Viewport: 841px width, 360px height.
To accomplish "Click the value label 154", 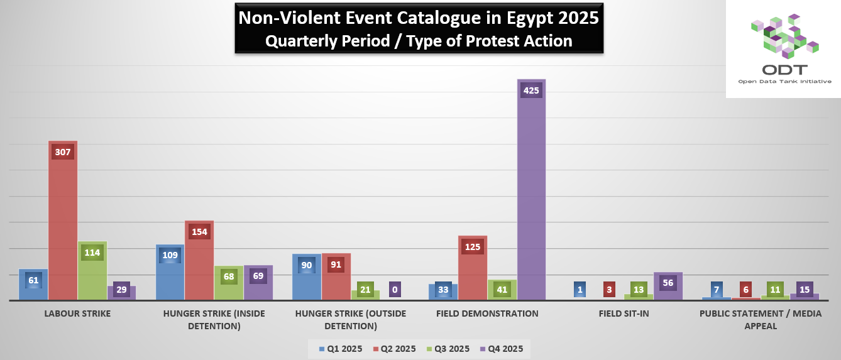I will [199, 231].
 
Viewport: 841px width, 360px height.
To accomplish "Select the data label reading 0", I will [394, 290].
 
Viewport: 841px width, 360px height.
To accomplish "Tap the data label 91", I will [336, 264].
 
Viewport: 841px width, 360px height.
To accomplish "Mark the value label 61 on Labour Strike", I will [33, 280].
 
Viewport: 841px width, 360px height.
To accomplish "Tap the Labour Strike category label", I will [77, 314].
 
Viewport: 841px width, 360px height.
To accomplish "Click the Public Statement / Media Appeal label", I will [761, 320].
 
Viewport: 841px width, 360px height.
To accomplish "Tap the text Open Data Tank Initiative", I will [784, 82].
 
